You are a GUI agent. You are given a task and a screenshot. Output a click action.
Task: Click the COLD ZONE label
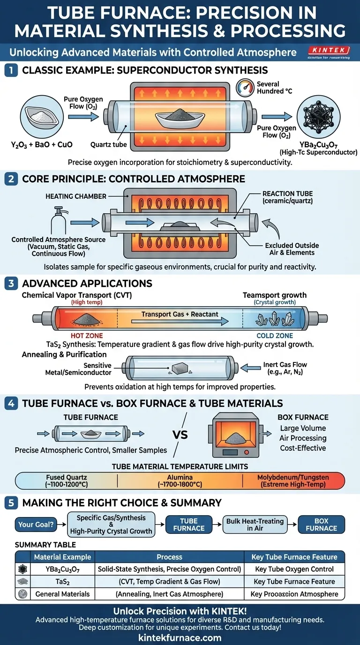click(x=275, y=336)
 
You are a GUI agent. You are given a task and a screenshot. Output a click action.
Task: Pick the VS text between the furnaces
click(x=180, y=434)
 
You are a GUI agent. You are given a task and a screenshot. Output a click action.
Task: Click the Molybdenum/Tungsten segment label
click(x=293, y=481)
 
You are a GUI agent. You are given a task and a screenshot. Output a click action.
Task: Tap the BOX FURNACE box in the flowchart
click(x=321, y=525)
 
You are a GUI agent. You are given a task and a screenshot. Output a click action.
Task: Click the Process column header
click(x=169, y=557)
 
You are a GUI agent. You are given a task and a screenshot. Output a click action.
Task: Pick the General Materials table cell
click(x=62, y=593)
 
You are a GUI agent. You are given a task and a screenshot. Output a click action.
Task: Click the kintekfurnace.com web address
click(x=180, y=637)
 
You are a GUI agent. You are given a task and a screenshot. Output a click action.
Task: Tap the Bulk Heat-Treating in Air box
click(x=255, y=525)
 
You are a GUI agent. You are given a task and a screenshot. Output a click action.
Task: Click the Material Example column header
click(x=62, y=557)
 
